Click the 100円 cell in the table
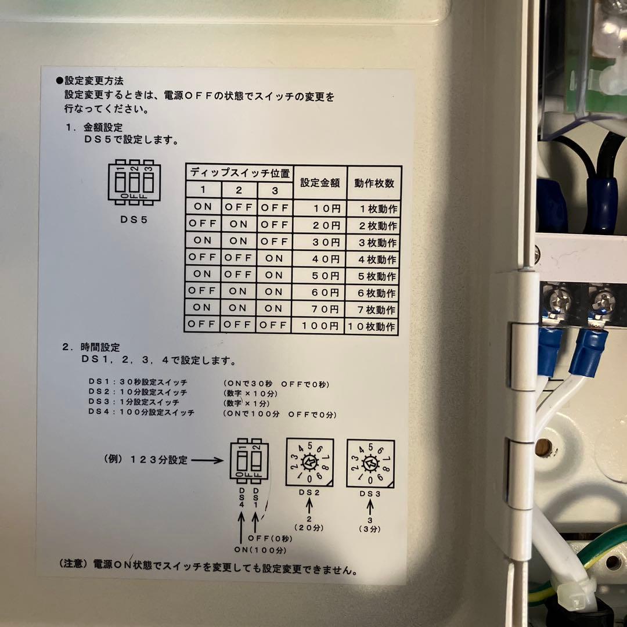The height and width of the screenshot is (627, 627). [320, 326]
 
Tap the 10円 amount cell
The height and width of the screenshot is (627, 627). [320, 207]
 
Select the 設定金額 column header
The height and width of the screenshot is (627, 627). [320, 182]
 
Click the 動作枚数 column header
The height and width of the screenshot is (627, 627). [374, 182]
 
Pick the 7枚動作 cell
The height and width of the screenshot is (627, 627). [374, 309]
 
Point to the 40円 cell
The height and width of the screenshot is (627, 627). [320, 258]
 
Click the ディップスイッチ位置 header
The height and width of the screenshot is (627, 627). [239, 173]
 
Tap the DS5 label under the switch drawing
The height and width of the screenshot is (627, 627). [134, 220]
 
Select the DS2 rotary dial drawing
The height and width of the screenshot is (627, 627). [309, 462]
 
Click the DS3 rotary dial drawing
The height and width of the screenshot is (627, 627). [370, 463]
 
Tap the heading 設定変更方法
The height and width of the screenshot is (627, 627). [93, 81]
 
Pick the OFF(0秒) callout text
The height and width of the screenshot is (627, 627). [271, 538]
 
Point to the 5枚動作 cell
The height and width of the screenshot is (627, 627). [374, 275]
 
